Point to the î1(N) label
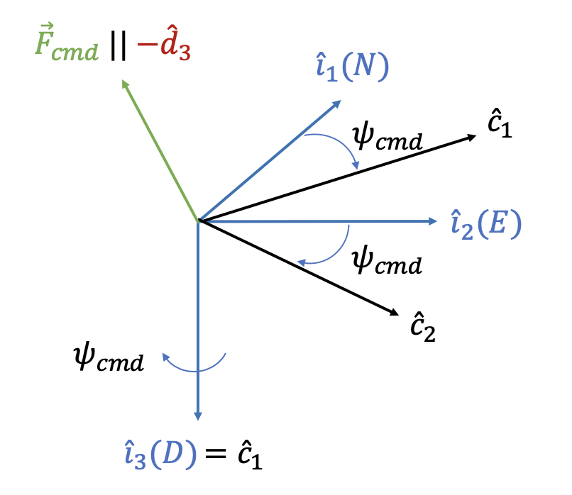point(353,68)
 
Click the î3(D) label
point(160,455)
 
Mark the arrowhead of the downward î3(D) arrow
point(199,416)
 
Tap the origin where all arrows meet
point(199,221)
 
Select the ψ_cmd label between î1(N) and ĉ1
point(387,138)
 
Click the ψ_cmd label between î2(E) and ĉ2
point(387,262)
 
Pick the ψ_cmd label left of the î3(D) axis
point(109,360)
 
